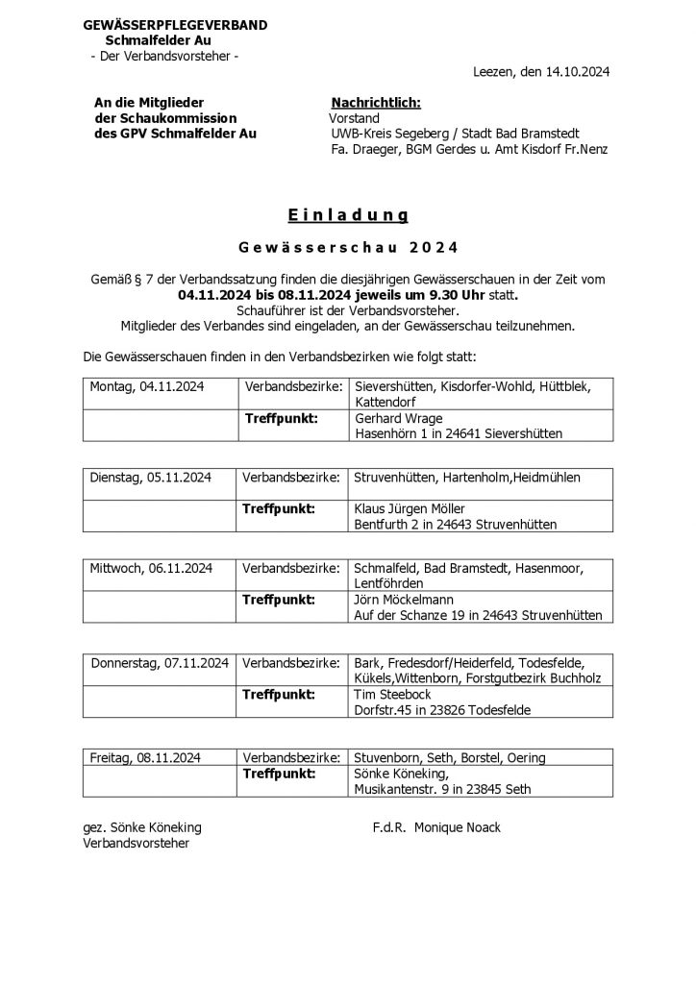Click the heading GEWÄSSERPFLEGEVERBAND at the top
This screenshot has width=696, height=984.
click(175, 25)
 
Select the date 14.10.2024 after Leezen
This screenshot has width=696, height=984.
click(578, 72)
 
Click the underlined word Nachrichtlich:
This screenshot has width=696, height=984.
click(376, 103)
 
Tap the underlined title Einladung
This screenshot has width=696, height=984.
click(347, 214)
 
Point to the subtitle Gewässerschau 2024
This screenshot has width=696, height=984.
click(348, 246)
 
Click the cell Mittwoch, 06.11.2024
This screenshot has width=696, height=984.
click(151, 568)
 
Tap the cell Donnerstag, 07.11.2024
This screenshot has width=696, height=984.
click(160, 663)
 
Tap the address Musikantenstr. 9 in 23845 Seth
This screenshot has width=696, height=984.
click(442, 789)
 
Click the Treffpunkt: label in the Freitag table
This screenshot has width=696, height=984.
click(280, 773)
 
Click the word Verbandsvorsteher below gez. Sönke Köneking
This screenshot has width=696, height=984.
click(137, 844)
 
